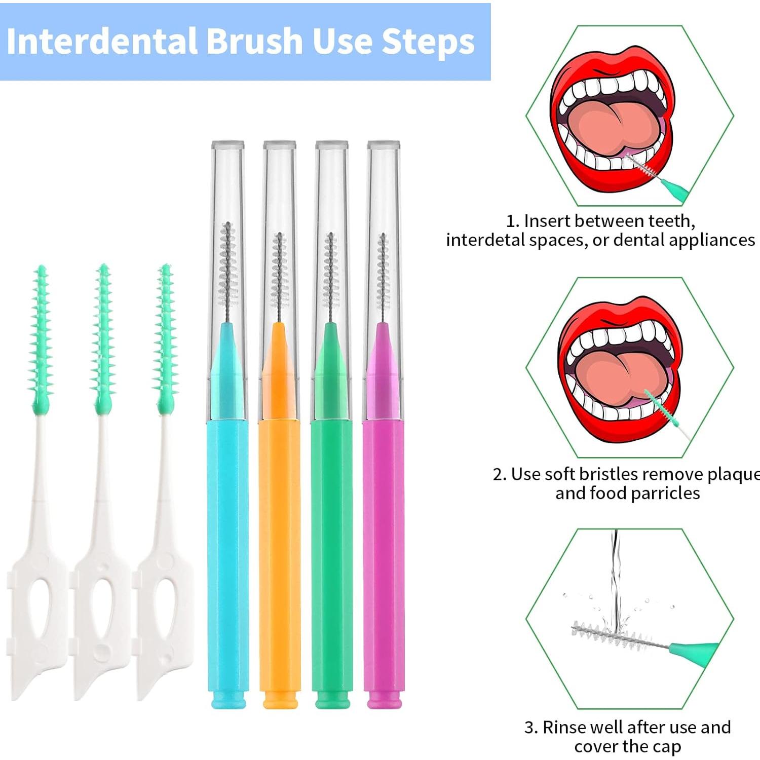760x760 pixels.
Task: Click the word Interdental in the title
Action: pos(101,42)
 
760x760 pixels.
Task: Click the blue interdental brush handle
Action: pos(227,557)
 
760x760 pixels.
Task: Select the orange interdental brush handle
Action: pos(280,557)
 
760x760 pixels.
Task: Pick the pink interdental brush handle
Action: pos(384,557)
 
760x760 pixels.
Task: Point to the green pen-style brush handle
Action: pos(332,557)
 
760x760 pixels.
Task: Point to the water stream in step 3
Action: pos(615,573)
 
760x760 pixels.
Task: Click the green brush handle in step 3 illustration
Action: pos(694,651)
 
